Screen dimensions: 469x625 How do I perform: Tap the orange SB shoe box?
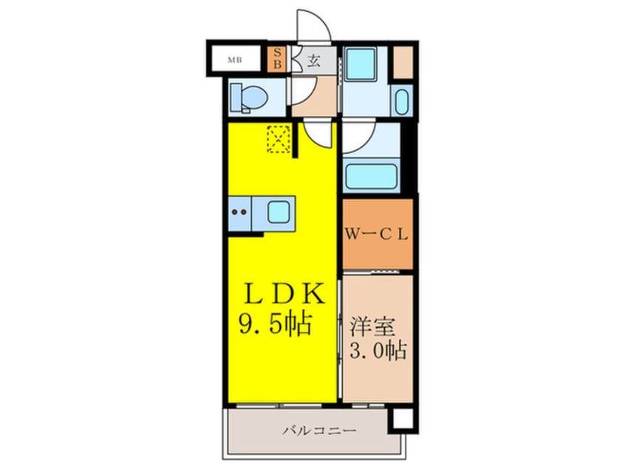pos(277,58)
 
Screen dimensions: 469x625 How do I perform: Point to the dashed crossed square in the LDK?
pos(279,139)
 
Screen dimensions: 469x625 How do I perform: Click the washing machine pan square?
pos(361,62)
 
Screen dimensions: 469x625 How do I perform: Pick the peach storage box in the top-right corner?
pos(403,62)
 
